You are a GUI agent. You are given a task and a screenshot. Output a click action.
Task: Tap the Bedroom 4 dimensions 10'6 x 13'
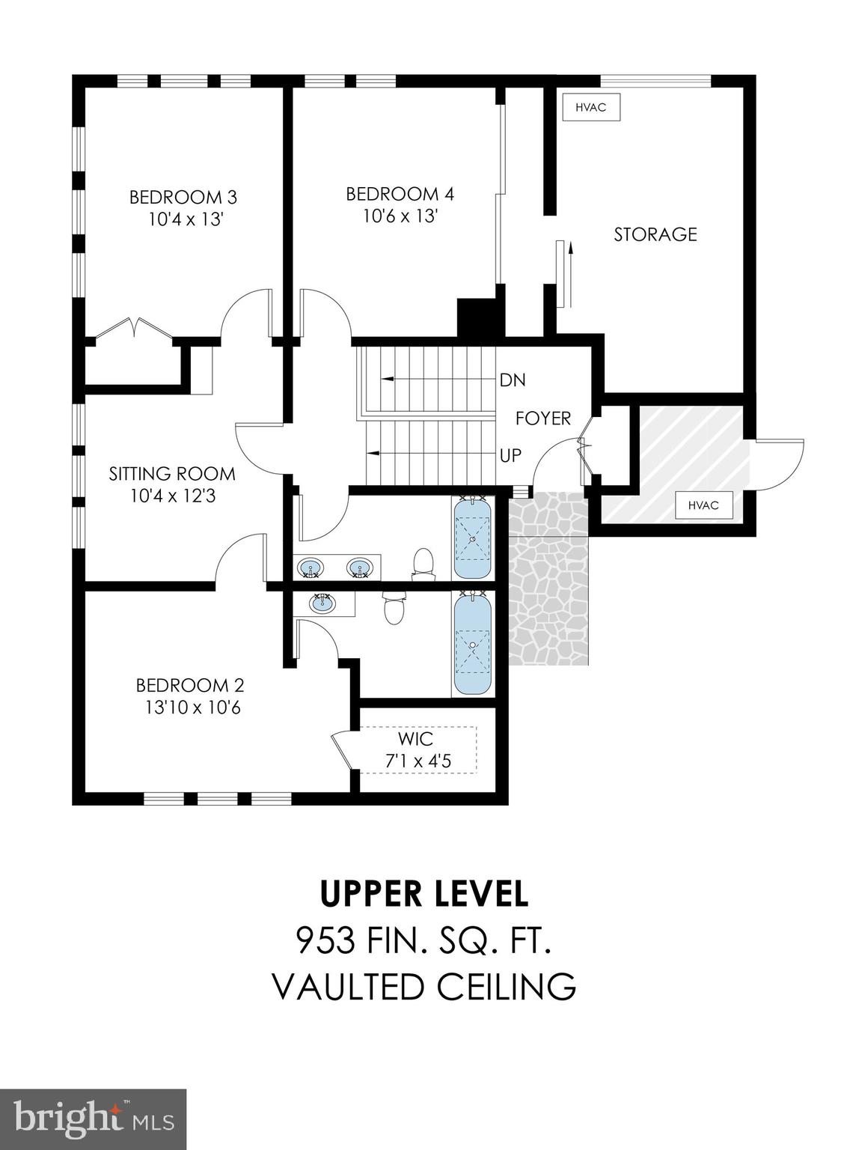[x=400, y=216]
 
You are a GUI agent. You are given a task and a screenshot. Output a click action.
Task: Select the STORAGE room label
[x=655, y=234]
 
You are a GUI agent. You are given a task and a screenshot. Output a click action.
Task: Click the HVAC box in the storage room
[x=590, y=107]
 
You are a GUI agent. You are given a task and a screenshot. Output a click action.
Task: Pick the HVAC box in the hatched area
[x=703, y=505]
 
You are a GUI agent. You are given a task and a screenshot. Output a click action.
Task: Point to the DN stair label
[x=513, y=380]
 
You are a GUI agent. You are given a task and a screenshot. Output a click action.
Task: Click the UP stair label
[x=510, y=455]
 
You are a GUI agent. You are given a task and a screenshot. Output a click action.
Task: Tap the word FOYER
[x=542, y=419]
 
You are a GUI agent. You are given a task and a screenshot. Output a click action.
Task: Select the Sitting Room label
[x=172, y=473]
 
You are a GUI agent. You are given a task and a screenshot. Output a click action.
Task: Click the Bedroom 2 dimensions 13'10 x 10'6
[x=192, y=707]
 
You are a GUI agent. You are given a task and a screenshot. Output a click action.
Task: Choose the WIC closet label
[x=415, y=739]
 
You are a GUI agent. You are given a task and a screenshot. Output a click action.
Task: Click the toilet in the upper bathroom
[x=423, y=565]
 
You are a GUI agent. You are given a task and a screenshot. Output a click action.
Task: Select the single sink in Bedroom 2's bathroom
[x=323, y=603]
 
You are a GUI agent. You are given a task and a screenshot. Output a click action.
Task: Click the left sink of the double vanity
[x=309, y=570]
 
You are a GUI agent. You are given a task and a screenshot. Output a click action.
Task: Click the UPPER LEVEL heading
[x=424, y=892]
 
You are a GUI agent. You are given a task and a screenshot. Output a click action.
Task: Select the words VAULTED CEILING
[x=424, y=986]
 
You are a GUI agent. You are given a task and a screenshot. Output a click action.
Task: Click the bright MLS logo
[x=93, y=1119]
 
